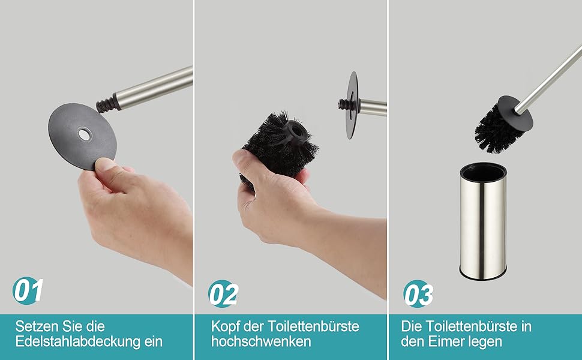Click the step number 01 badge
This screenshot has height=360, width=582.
point(28,290)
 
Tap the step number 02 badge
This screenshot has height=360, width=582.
point(223,293)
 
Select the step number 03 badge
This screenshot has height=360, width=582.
point(418,293)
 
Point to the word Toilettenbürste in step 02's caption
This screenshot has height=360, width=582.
point(313,326)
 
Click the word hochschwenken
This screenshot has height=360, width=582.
point(261,341)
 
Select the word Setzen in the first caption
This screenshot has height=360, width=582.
point(37,326)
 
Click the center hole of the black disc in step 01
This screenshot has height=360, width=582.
point(84,134)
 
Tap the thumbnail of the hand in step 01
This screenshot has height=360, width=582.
point(105,164)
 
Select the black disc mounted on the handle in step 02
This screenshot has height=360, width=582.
point(352,106)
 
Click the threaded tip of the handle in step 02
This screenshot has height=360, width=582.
point(343,104)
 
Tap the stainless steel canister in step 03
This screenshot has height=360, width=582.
point(483,221)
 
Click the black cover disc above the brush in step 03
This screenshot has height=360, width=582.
point(515,110)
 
